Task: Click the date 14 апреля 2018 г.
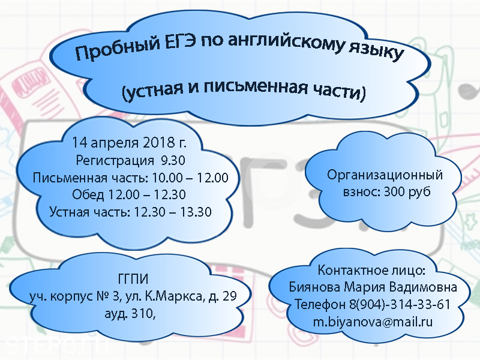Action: pyautogui.click(x=129, y=143)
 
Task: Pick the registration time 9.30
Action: pyautogui.click(x=173, y=160)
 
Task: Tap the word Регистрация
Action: pyautogui.click(x=115, y=161)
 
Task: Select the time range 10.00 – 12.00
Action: pyautogui.click(x=190, y=178)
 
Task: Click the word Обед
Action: pyautogui.click(x=88, y=194)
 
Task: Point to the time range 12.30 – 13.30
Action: pyautogui.click(x=173, y=212)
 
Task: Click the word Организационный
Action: pyautogui.click(x=385, y=175)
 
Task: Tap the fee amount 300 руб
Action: pyautogui.click(x=407, y=191)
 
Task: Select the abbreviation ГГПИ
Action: pyautogui.click(x=133, y=279)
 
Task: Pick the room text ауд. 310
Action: pyautogui.click(x=130, y=313)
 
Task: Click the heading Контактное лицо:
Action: pyautogui.click(x=371, y=271)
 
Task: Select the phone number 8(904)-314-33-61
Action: pyautogui.click(x=400, y=305)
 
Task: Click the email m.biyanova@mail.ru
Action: pyautogui.click(x=373, y=322)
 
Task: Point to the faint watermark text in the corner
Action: pyautogui.click(x=57, y=345)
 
